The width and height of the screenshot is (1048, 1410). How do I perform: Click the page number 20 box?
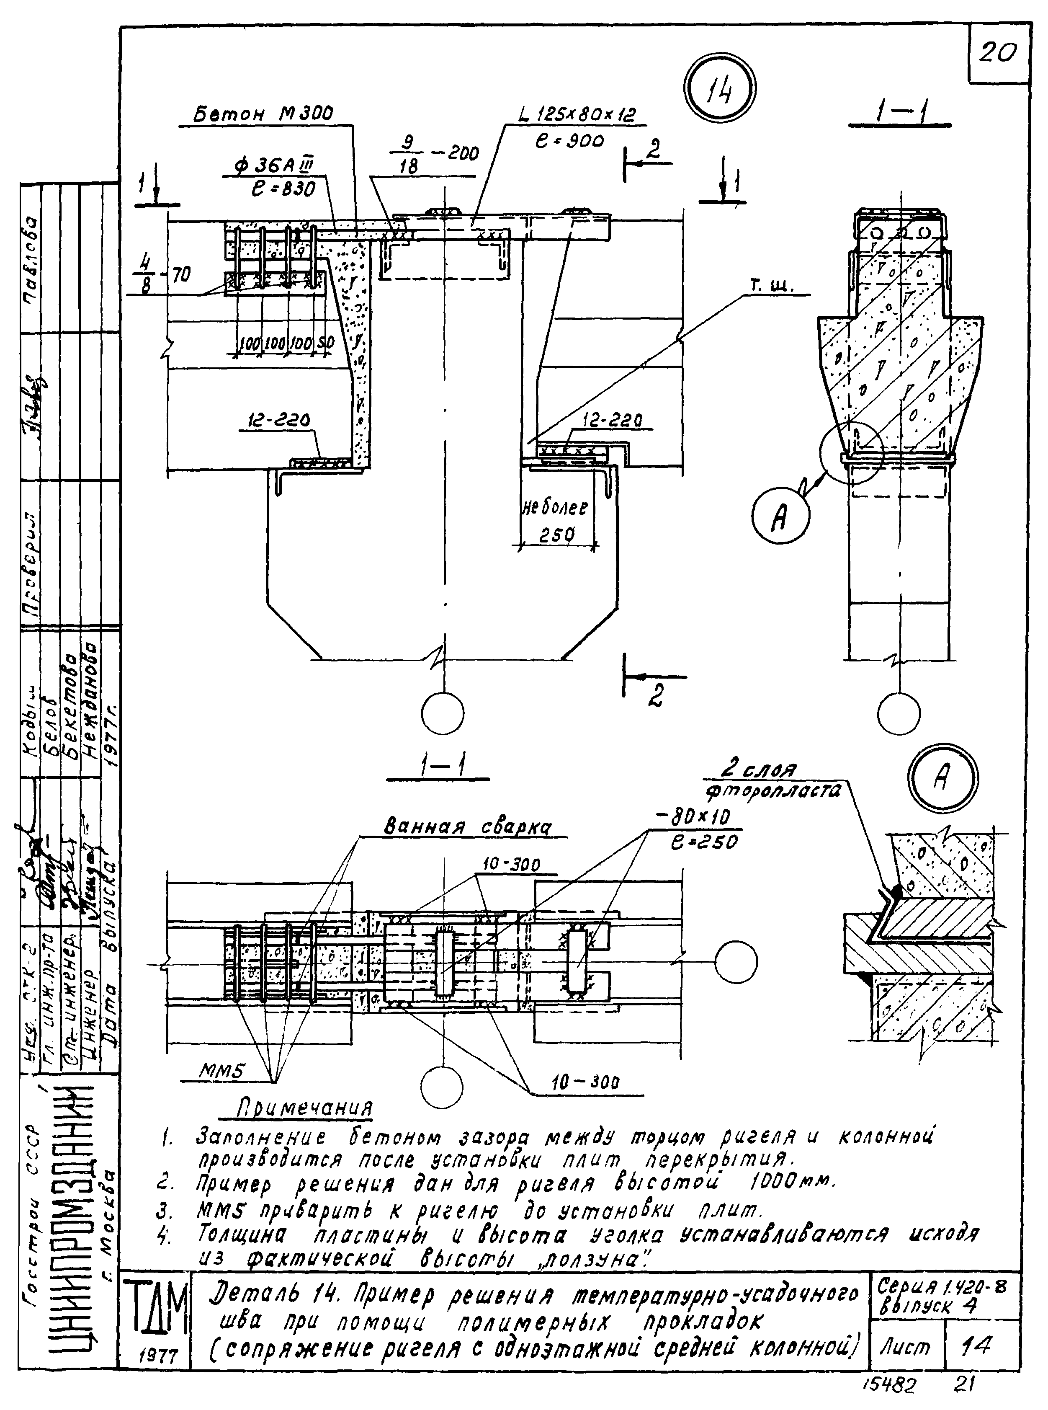coord(998,53)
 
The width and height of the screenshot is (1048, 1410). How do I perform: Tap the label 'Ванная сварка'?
coord(468,827)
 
